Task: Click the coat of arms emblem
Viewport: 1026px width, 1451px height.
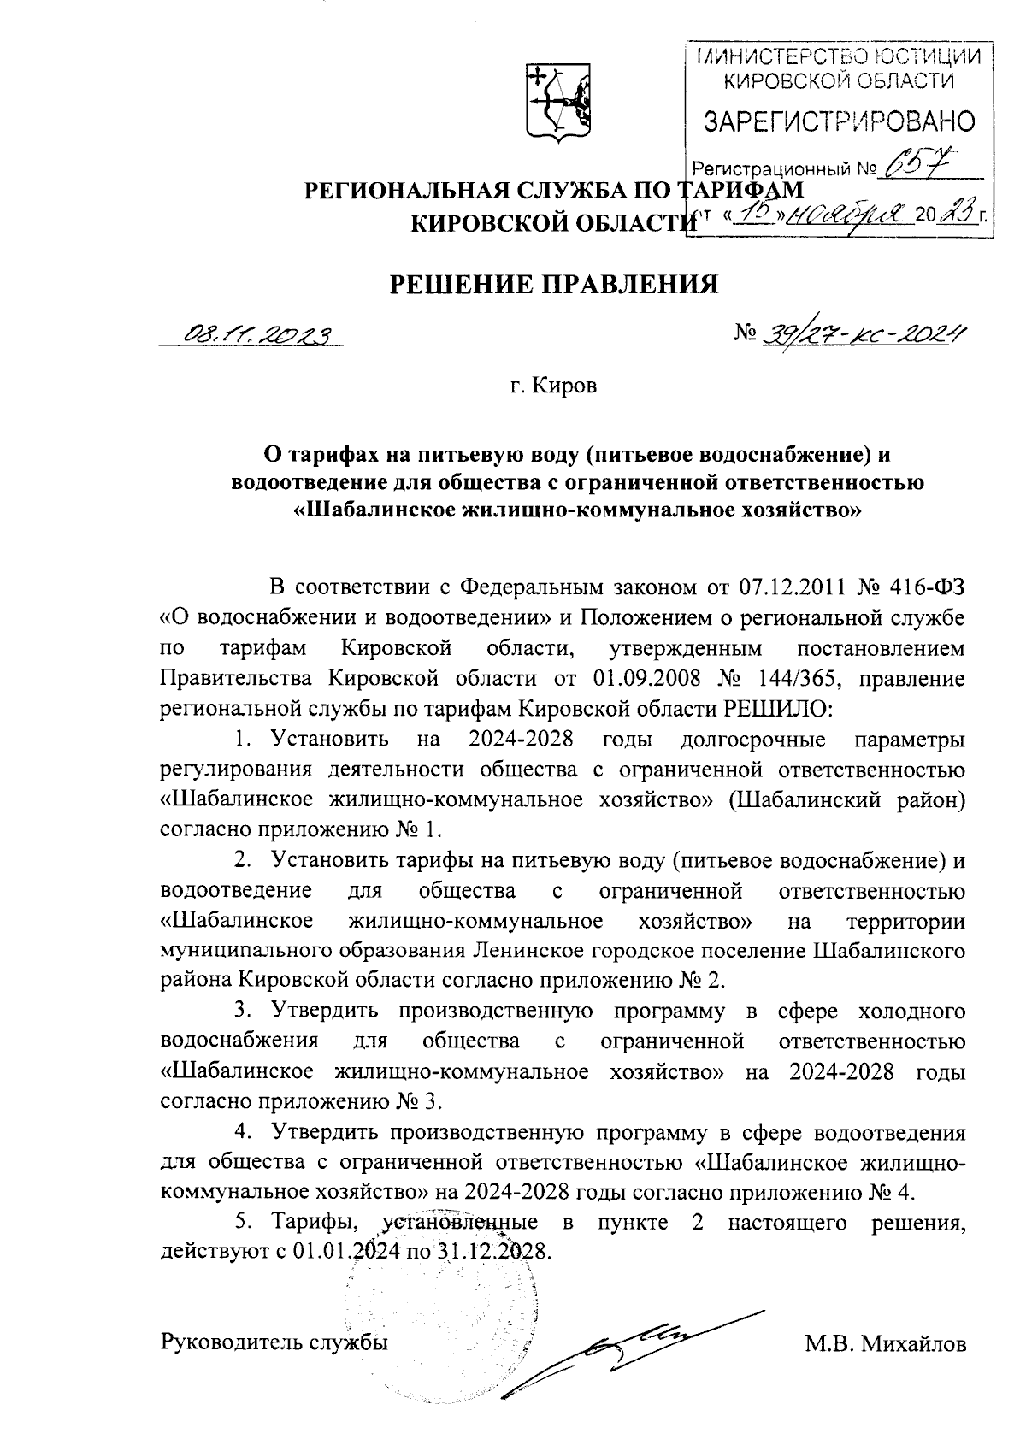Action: point(557,103)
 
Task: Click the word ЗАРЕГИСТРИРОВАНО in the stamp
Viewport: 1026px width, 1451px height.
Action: point(839,122)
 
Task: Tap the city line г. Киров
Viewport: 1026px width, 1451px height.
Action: point(553,386)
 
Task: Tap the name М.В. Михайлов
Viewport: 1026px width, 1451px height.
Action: point(885,1343)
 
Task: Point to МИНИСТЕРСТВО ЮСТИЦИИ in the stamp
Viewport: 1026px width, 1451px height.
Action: point(839,57)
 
